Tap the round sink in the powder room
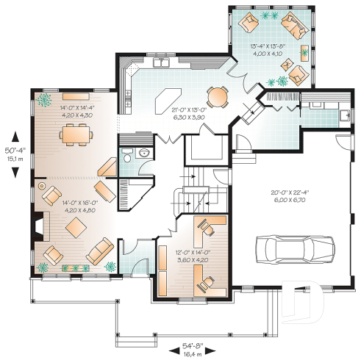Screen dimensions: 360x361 tap(145, 152)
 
